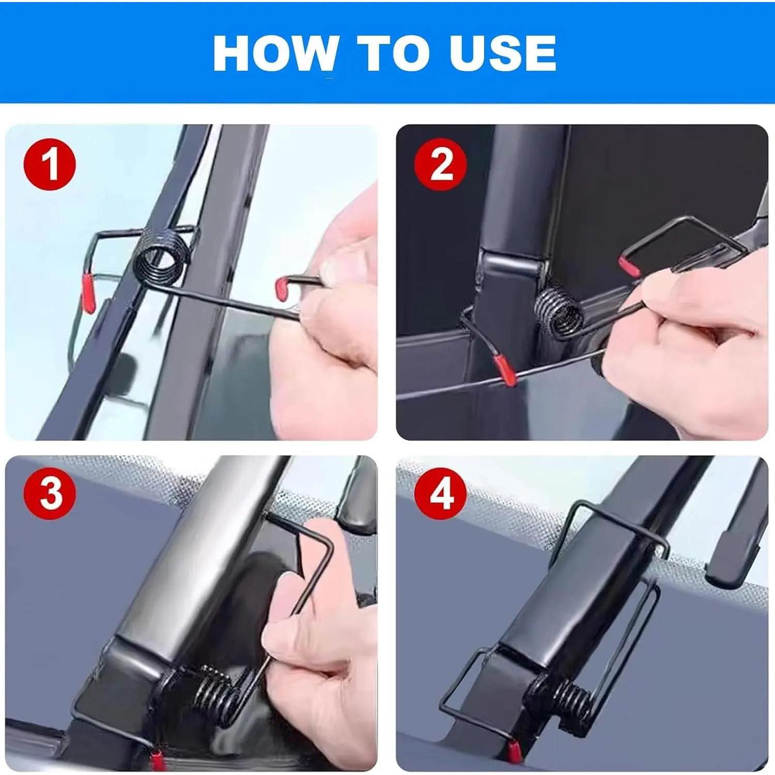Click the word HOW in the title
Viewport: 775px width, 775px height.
coord(276,53)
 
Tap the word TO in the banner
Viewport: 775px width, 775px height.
coord(393,53)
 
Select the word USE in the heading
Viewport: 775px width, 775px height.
coord(503,53)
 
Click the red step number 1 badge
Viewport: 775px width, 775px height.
coord(50,164)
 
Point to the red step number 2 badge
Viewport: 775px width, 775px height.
coord(441,164)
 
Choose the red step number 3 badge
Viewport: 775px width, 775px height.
coord(50,493)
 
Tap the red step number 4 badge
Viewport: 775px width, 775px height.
coord(441,493)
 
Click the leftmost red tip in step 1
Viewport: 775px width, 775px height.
coord(88,293)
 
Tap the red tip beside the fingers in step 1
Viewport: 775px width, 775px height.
coord(283,289)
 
